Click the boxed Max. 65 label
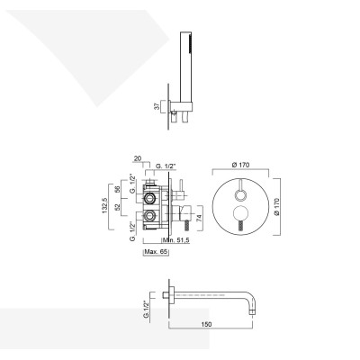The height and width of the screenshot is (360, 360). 157,252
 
